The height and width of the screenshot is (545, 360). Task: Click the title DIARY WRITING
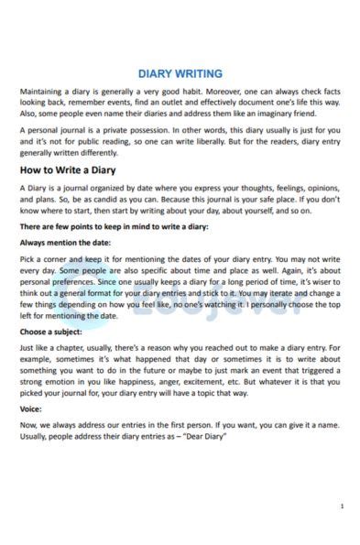(180, 73)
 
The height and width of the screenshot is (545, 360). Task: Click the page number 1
(342, 506)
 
